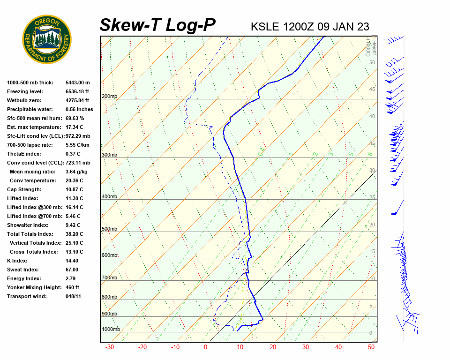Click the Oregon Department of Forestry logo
pyautogui.click(x=47, y=39)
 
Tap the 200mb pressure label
pyautogui.click(x=109, y=97)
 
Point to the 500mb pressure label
pyautogui.click(x=109, y=229)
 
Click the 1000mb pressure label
pyautogui.click(x=111, y=330)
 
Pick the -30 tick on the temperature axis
pyautogui.click(x=110, y=347)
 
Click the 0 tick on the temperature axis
pyautogui.click(x=205, y=347)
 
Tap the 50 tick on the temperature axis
pyautogui.click(x=371, y=347)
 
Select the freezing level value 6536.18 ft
pyautogui.click(x=77, y=92)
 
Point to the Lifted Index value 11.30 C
pyautogui.click(x=74, y=198)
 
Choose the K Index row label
pyautogui.click(x=17, y=261)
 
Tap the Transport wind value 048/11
pyautogui.click(x=73, y=296)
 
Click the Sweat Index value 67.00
pyautogui.click(x=72, y=270)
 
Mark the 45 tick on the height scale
pyautogui.click(x=372, y=90)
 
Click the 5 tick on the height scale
pyautogui.click(x=371, y=306)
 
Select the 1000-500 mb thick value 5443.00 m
pyautogui.click(x=77, y=83)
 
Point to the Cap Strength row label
pyautogui.click(x=24, y=190)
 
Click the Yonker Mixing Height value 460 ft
pyautogui.click(x=72, y=287)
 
